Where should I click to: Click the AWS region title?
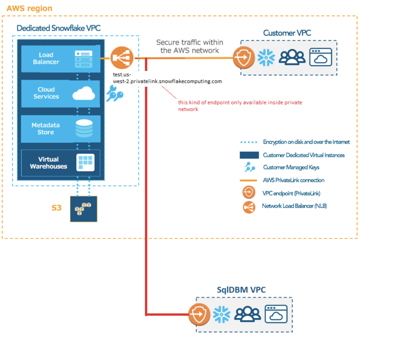(x=29, y=8)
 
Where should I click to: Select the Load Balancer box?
(x=60, y=59)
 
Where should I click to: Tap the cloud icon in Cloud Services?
(x=83, y=93)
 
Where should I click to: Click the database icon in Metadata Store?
(x=84, y=128)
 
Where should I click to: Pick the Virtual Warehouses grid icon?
(x=85, y=163)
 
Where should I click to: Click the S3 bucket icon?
(x=83, y=209)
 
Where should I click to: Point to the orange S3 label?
(x=56, y=208)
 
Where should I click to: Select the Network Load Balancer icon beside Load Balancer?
(x=122, y=58)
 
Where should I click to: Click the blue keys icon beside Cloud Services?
(x=114, y=93)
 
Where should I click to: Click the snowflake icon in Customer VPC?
(x=266, y=57)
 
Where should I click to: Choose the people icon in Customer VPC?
(x=292, y=57)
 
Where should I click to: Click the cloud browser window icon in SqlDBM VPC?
(x=276, y=314)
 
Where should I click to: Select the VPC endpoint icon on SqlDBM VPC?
(x=199, y=314)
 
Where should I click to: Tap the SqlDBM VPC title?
(x=241, y=290)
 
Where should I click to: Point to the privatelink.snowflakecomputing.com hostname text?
(x=167, y=81)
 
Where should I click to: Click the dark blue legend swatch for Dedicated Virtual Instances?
(x=249, y=155)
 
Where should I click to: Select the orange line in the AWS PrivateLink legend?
(x=248, y=180)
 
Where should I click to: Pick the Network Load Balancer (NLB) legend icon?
(x=249, y=207)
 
